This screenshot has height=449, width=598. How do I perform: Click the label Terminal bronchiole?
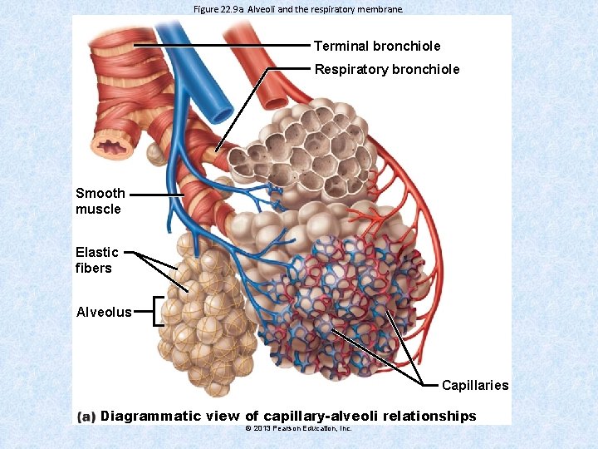pos(377,46)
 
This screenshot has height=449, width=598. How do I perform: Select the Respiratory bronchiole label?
pos(386,69)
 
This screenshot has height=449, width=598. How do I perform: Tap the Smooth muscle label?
pos(100,201)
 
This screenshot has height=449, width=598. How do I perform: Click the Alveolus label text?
pos(103,313)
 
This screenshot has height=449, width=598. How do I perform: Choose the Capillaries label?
pos(474,386)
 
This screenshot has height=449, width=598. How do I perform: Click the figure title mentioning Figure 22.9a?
pos(297,9)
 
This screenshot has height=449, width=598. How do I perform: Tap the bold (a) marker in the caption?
pos(86,417)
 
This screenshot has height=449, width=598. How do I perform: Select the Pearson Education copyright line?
pos(299,428)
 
